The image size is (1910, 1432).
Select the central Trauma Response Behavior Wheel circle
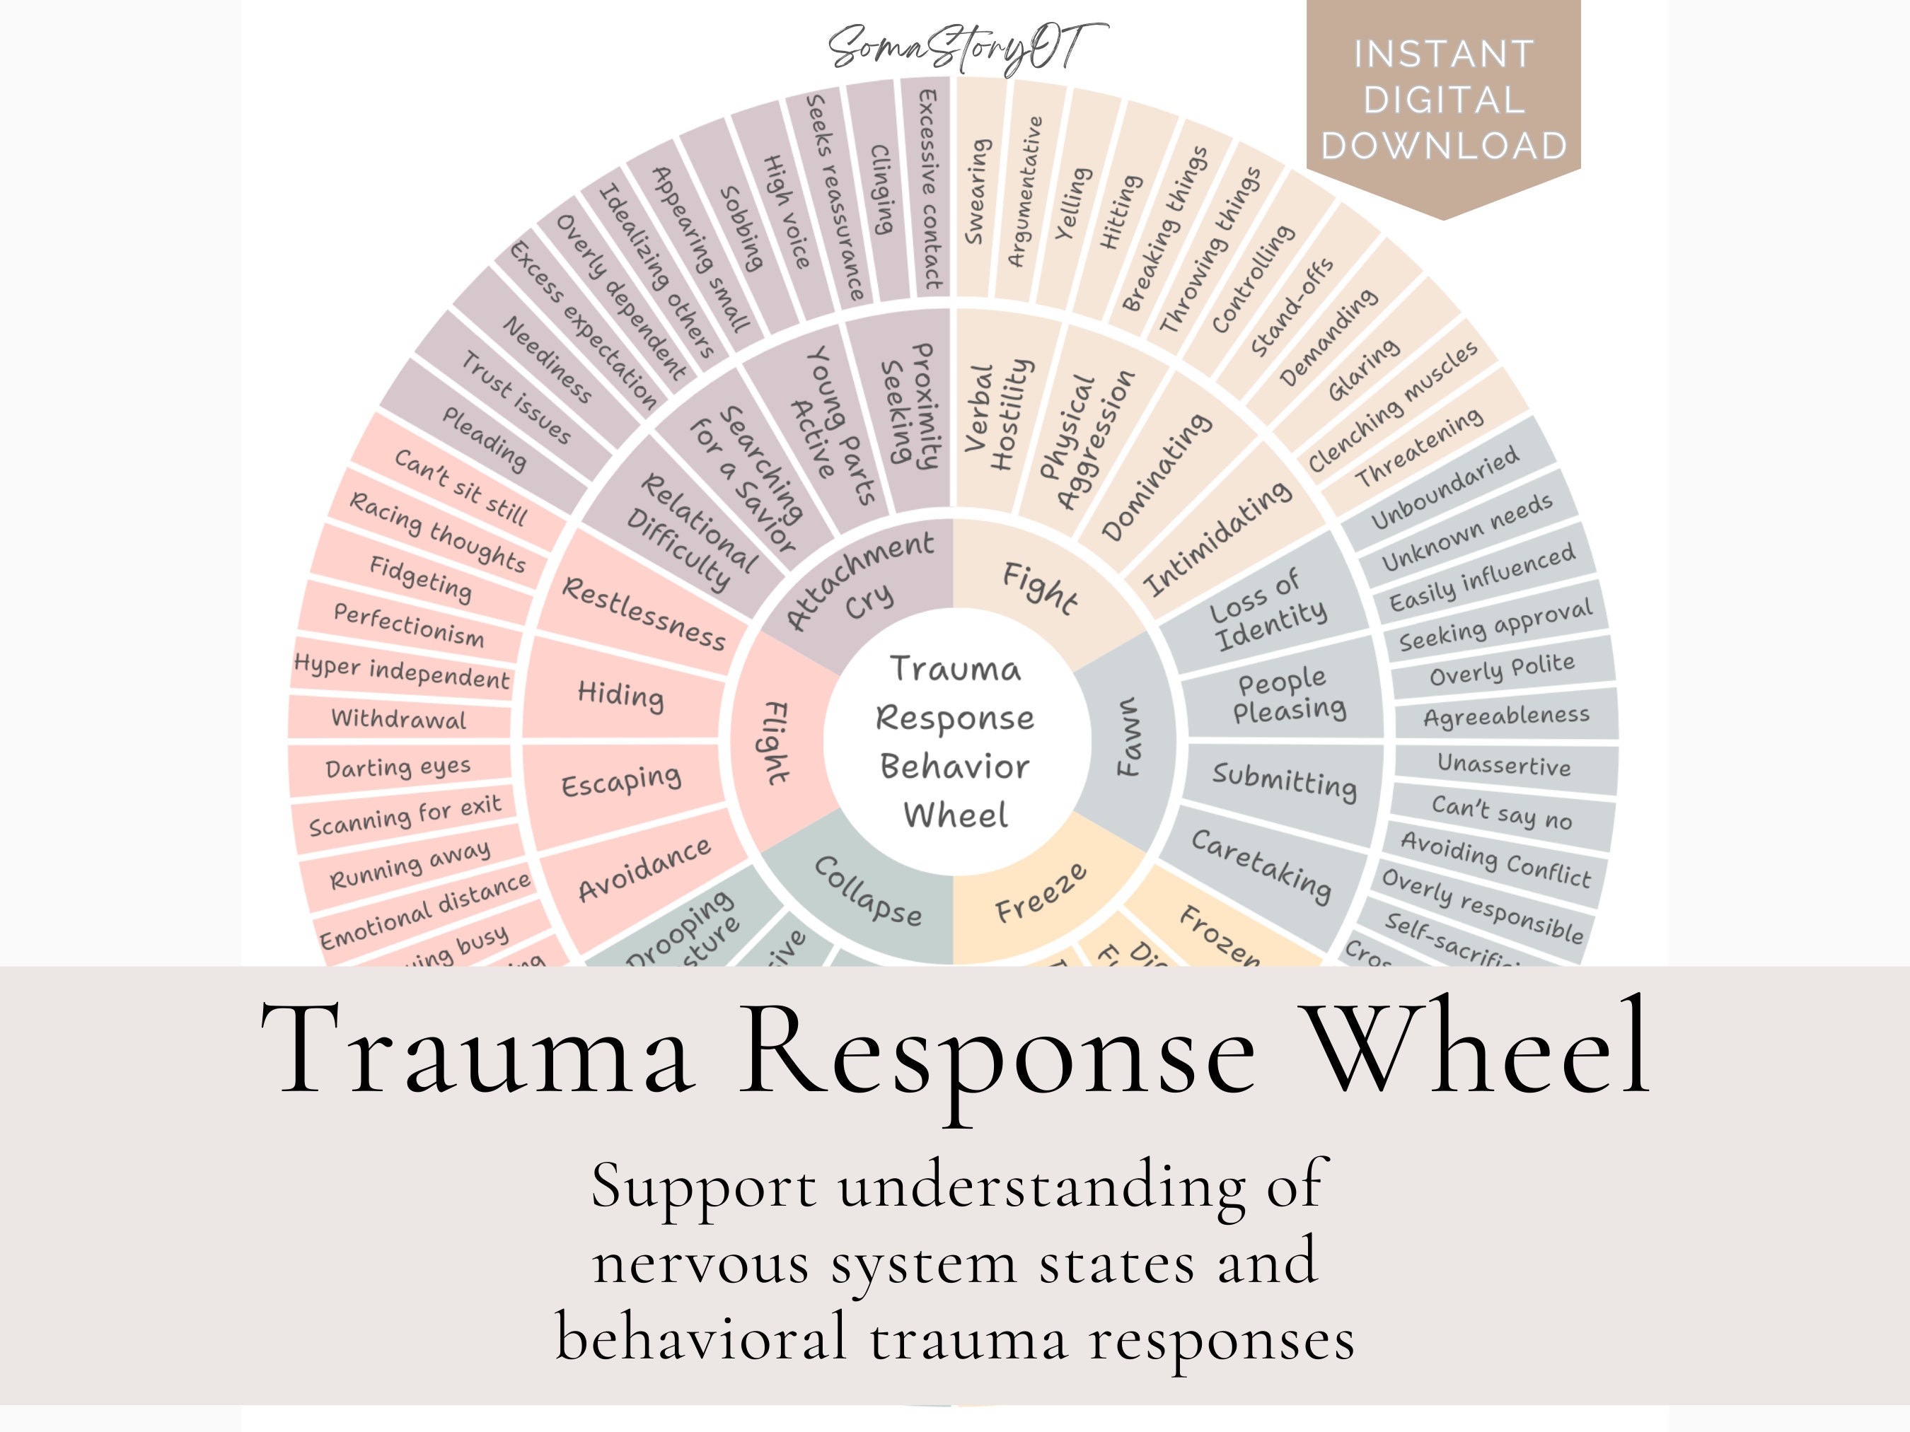(x=954, y=740)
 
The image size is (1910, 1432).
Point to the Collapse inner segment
(x=868, y=891)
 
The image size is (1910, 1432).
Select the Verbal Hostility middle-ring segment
(x=998, y=414)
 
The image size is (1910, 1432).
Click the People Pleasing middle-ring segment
(x=1287, y=696)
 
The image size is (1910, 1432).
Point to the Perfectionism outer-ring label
(x=408, y=625)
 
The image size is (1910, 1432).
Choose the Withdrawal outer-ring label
(x=399, y=718)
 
